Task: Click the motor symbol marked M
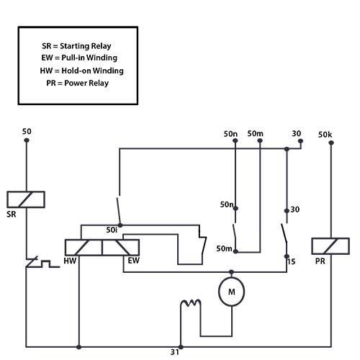(x=232, y=292)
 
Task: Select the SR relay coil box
(x=26, y=199)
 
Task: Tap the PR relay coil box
(x=330, y=246)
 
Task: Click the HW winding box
(x=84, y=248)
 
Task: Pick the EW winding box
(x=121, y=248)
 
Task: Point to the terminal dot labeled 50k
(x=331, y=143)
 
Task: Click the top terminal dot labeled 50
(x=27, y=140)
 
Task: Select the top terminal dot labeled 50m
(x=260, y=140)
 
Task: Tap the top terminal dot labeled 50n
(x=235, y=140)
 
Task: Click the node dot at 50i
(x=120, y=225)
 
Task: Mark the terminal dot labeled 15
(x=287, y=256)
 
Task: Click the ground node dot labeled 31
(x=181, y=347)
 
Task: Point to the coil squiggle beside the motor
(x=191, y=303)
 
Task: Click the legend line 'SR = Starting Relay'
(x=76, y=46)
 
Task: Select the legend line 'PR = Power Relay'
(x=78, y=83)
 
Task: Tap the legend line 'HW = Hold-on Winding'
(x=82, y=71)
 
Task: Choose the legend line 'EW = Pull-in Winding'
(x=79, y=58)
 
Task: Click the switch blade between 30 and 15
(x=284, y=233)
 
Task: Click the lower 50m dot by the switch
(x=235, y=251)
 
